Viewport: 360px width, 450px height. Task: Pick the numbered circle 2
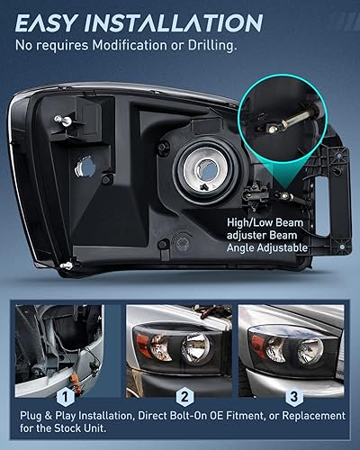[183, 394]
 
